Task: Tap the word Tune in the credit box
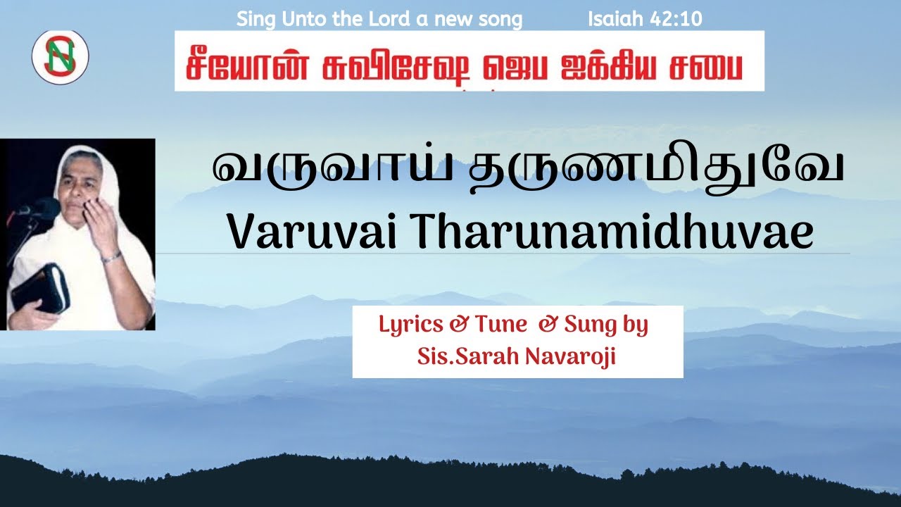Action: (x=500, y=325)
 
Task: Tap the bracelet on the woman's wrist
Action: (x=111, y=258)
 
